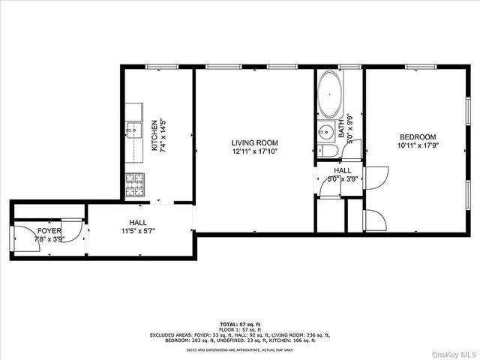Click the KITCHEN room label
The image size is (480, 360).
tap(154, 136)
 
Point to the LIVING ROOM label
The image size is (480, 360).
tap(254, 142)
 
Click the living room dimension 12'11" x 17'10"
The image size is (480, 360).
tap(254, 151)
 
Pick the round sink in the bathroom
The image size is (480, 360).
tap(325, 133)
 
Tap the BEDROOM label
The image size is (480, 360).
tap(418, 136)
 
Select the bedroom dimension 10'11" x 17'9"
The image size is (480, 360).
tap(418, 145)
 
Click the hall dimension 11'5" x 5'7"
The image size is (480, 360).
tap(138, 232)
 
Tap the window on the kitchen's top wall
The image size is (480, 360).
tap(158, 67)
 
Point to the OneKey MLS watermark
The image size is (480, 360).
tap(451, 352)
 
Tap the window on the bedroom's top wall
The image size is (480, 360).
tap(421, 67)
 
